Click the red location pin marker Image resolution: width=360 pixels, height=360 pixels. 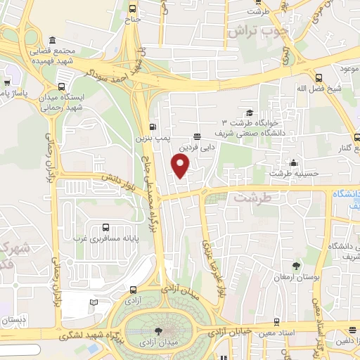click(181, 165)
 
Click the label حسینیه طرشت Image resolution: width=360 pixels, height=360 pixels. click(290, 173)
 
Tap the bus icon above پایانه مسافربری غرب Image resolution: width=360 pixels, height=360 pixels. click(105, 226)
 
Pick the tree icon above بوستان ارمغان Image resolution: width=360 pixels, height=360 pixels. click(295, 265)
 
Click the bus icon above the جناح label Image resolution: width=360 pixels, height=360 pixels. click(133, 8)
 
